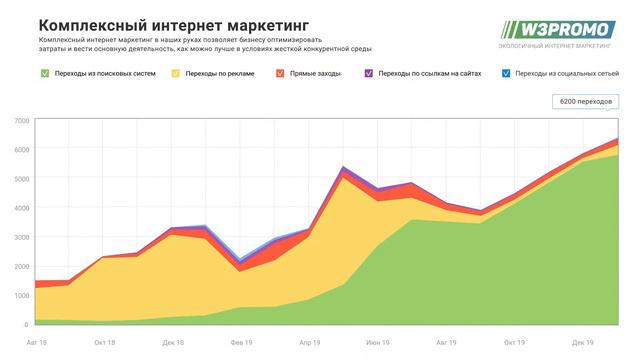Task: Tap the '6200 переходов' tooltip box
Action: tap(586, 102)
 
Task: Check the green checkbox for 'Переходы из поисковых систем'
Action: tap(44, 73)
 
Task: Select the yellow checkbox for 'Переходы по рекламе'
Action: tap(176, 73)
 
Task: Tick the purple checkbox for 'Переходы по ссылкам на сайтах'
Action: tap(369, 73)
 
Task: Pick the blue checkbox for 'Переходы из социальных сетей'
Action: tap(505, 73)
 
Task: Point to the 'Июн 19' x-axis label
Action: tap(377, 341)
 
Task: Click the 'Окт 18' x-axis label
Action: tap(105, 341)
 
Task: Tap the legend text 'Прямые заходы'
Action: tap(317, 73)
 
